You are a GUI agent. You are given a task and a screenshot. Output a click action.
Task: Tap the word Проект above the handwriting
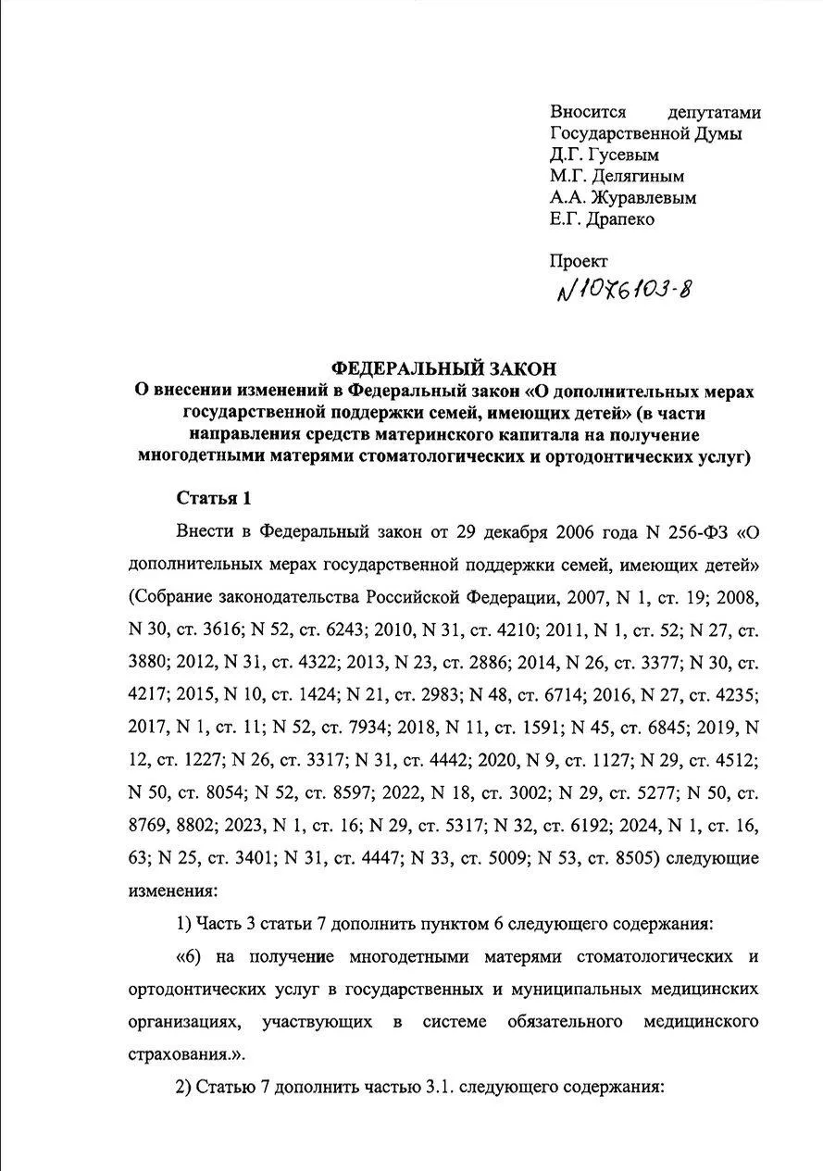(580, 262)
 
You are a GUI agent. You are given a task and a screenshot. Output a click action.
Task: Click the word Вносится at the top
(589, 112)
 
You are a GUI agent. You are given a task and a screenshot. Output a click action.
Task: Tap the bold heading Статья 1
(213, 498)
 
